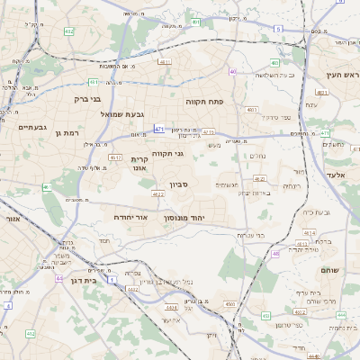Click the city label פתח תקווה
(x=204, y=102)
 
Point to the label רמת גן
(x=68, y=133)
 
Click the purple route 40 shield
(x=232, y=71)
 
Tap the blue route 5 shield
(x=278, y=30)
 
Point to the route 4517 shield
(x=114, y=157)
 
